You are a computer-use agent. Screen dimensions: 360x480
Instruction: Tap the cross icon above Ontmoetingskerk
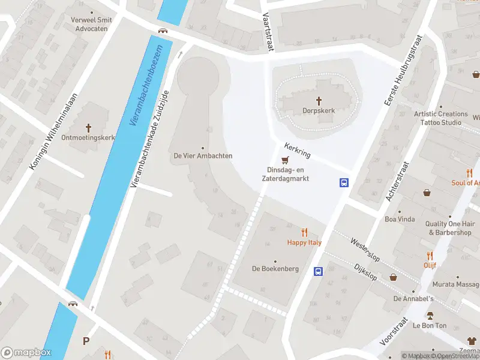point(89,127)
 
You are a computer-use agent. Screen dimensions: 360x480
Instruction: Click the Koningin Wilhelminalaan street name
point(54,131)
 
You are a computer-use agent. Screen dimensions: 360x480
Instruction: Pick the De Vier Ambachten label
point(203,155)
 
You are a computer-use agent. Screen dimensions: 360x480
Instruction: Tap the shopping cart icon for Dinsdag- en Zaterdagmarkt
point(285,160)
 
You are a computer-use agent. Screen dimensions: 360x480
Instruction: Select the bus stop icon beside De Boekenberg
point(318,271)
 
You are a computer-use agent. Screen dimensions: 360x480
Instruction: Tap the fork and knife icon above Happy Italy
point(304,232)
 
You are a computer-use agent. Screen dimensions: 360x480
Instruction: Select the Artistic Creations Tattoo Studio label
point(440,118)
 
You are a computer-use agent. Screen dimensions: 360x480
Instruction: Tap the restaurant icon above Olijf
point(430,255)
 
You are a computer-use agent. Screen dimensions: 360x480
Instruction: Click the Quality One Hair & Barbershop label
point(448,228)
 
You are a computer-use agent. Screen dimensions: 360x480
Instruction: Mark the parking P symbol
point(86,341)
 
